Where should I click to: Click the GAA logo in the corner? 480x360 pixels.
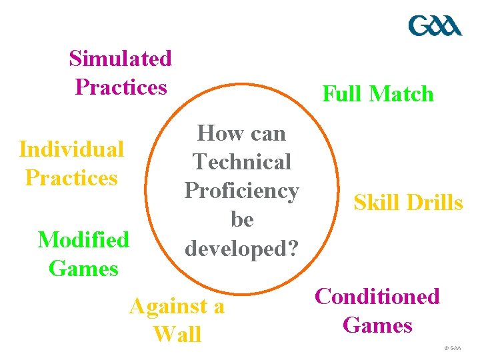tap(435, 26)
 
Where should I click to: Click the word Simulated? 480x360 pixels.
tap(121, 59)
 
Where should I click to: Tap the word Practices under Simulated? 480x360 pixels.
tap(121, 87)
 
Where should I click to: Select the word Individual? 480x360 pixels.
tap(71, 149)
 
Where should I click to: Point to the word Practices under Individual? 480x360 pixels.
tap(71, 178)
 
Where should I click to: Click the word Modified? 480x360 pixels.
tap(83, 239)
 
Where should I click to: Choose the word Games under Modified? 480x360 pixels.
tap(83, 269)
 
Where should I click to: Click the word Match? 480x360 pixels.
tap(401, 94)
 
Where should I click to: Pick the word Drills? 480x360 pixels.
tap(435, 203)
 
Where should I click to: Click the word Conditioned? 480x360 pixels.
tap(377, 296)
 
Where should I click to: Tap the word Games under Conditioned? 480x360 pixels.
tap(377, 325)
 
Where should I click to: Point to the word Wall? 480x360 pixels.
tap(177, 334)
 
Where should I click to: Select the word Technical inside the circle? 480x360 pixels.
tap(242, 162)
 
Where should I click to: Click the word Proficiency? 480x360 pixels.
tap(242, 191)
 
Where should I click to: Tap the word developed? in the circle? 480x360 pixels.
tap(242, 249)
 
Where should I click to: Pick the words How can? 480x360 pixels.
tap(242, 133)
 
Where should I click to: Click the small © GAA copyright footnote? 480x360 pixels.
tap(451, 348)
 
